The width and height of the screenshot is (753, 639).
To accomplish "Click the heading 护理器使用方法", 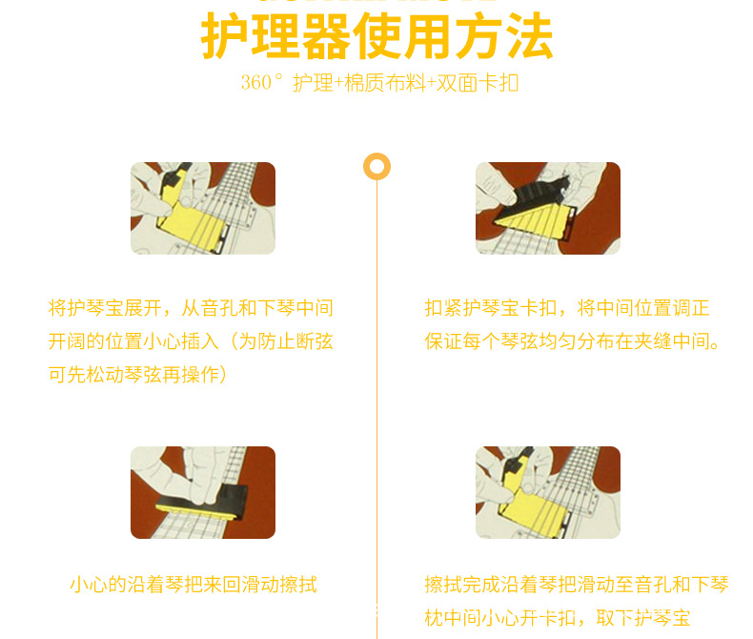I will click(x=376, y=37).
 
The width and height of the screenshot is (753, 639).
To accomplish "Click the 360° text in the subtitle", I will click(x=262, y=83).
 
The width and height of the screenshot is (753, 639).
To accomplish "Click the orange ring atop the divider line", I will click(x=376, y=166).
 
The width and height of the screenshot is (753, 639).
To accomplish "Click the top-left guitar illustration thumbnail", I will click(x=203, y=208).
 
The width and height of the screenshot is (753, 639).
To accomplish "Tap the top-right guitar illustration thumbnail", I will click(x=548, y=208).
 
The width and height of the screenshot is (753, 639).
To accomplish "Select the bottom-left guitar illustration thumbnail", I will click(x=203, y=492).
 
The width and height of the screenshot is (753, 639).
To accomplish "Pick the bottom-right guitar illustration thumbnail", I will click(x=548, y=492).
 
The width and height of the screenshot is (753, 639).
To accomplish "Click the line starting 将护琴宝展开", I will click(x=191, y=309).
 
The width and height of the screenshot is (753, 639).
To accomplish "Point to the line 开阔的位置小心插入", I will click(x=191, y=341).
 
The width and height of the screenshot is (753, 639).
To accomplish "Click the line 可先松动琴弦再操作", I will click(x=138, y=375).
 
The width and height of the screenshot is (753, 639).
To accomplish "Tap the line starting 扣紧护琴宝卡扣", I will click(x=567, y=309).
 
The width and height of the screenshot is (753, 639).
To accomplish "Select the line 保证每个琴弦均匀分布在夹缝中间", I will click(x=572, y=341).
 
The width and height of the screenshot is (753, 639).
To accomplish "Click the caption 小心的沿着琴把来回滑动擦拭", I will click(x=193, y=585).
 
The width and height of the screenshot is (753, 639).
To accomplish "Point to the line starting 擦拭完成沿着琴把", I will click(x=577, y=585).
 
